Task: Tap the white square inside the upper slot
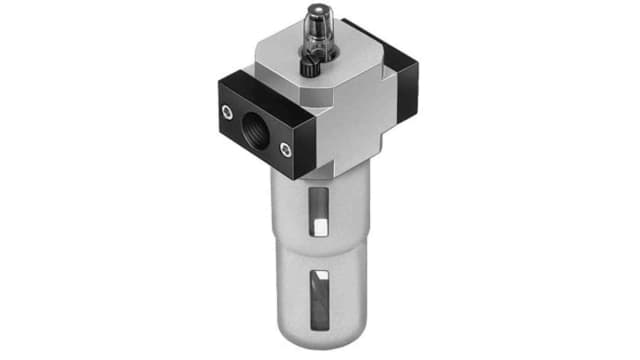click(317, 226)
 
